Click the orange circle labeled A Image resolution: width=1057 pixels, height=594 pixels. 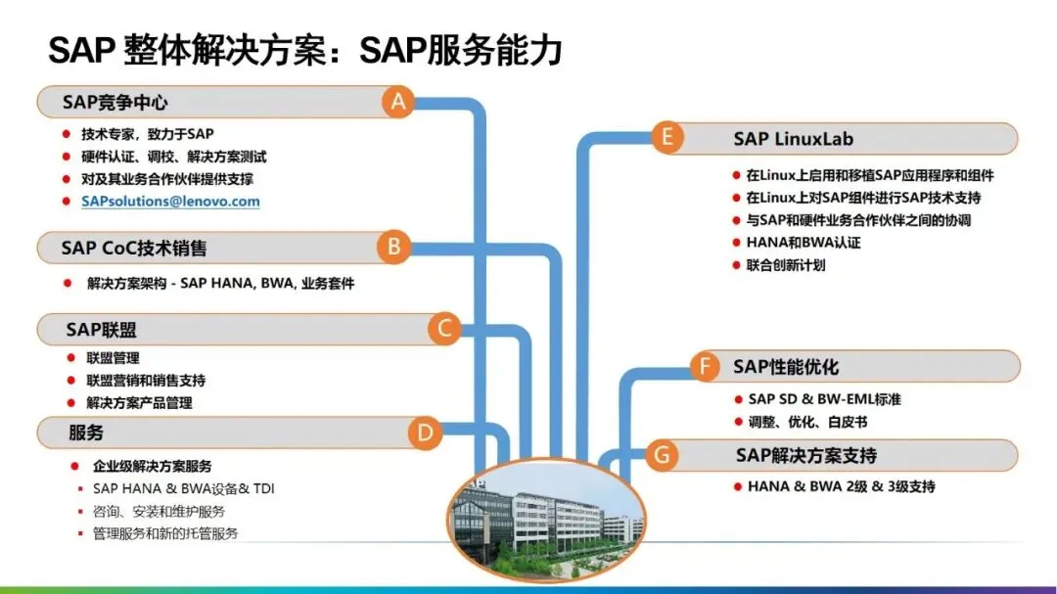coord(397,102)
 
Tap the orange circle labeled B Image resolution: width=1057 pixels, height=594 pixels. coord(393,247)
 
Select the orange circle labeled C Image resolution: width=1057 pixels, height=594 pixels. coord(444,329)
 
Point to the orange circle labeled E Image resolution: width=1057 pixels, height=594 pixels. coord(667,137)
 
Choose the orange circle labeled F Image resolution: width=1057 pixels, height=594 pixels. coord(705,367)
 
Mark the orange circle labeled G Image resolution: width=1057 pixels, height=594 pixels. coord(663,455)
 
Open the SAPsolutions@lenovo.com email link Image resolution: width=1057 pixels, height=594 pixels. coord(170,202)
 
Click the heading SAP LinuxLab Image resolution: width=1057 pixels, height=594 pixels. coord(794,139)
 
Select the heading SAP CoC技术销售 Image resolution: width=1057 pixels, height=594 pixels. coord(134,248)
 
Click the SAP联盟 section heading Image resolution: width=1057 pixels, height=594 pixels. coord(101,330)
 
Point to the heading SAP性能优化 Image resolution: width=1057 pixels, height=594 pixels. coord(786,367)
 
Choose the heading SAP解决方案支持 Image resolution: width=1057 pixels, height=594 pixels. coord(806,455)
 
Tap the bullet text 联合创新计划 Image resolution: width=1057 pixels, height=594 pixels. coord(786,265)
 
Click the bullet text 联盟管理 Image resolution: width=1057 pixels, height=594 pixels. coord(113,358)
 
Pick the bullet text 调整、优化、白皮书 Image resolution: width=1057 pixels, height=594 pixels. coord(807,422)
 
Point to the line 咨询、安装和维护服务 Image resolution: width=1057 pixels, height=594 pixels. coord(159,511)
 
